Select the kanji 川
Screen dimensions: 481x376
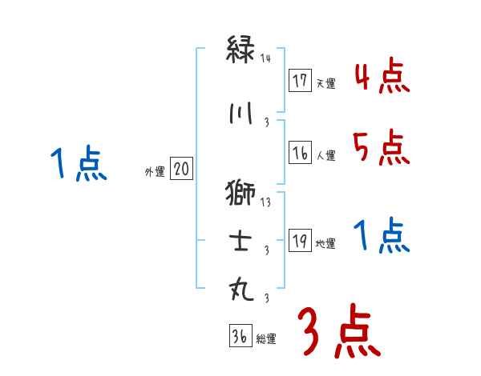point(240,114)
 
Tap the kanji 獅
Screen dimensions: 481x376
point(240,194)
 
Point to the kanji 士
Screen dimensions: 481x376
point(240,242)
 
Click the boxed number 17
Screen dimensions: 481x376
point(300,81)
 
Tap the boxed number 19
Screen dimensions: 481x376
point(300,242)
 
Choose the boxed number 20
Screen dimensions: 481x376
point(181,169)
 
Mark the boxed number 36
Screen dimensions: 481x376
point(238,337)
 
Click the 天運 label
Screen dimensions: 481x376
point(326,83)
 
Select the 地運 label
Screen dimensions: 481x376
point(326,244)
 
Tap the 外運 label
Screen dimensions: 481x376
point(154,170)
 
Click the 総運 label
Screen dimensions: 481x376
point(265,339)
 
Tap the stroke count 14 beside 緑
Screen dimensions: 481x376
point(265,58)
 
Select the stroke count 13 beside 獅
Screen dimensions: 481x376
point(265,202)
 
